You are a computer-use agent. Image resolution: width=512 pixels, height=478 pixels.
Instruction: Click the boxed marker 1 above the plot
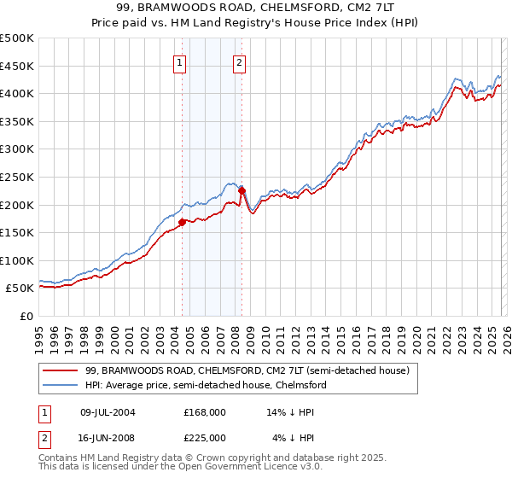tap(181, 62)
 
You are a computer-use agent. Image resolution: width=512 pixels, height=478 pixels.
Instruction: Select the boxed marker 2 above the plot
tap(239, 62)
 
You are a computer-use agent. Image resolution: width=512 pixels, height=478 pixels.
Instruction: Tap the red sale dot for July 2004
tap(183, 222)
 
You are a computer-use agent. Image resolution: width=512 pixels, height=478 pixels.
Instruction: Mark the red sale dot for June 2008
tap(241, 190)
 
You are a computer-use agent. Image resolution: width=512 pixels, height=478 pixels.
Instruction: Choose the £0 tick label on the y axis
tap(26, 316)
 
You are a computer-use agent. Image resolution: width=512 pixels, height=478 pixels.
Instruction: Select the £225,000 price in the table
tap(205, 438)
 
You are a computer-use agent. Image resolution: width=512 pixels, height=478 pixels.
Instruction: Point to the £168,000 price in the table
tap(205, 412)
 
